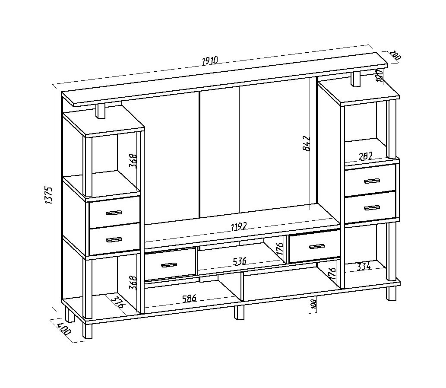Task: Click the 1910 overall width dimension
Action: coord(210,60)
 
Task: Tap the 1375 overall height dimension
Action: coord(48,195)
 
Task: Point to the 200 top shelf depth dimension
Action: coord(395,55)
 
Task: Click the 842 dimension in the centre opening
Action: coord(307,143)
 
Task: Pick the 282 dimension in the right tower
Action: coord(366,156)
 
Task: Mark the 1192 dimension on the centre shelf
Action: coord(239,227)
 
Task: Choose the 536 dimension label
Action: coord(239,261)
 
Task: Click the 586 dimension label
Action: coord(189,298)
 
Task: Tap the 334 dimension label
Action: coord(364,267)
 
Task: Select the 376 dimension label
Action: coord(118,302)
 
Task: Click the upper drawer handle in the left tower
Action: coord(114,213)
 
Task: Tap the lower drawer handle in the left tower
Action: coord(114,240)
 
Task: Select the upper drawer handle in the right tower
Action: coord(372,181)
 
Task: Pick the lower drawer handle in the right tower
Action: coord(372,208)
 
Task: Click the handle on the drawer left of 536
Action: coord(169,265)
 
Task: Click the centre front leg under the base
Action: coord(239,312)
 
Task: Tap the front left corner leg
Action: coord(88,331)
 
